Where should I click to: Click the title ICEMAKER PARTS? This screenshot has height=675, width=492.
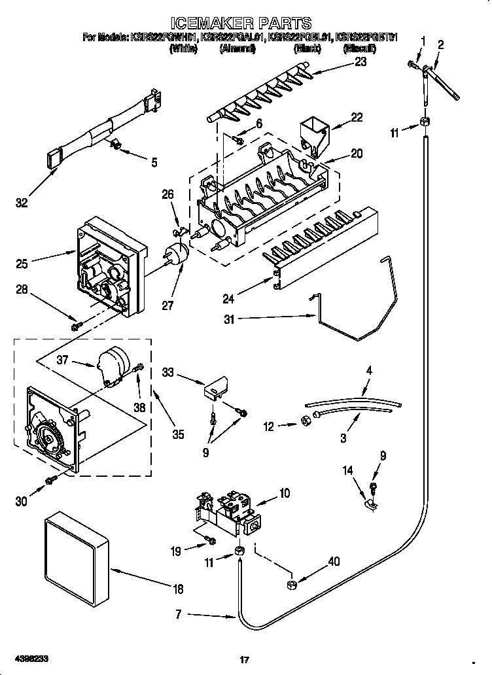(x=246, y=24)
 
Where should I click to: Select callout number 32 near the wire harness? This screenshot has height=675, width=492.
(x=22, y=203)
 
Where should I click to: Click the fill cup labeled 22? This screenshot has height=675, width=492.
(x=315, y=133)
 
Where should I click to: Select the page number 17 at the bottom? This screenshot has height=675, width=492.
(x=246, y=659)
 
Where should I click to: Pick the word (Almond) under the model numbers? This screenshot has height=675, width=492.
(x=237, y=49)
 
